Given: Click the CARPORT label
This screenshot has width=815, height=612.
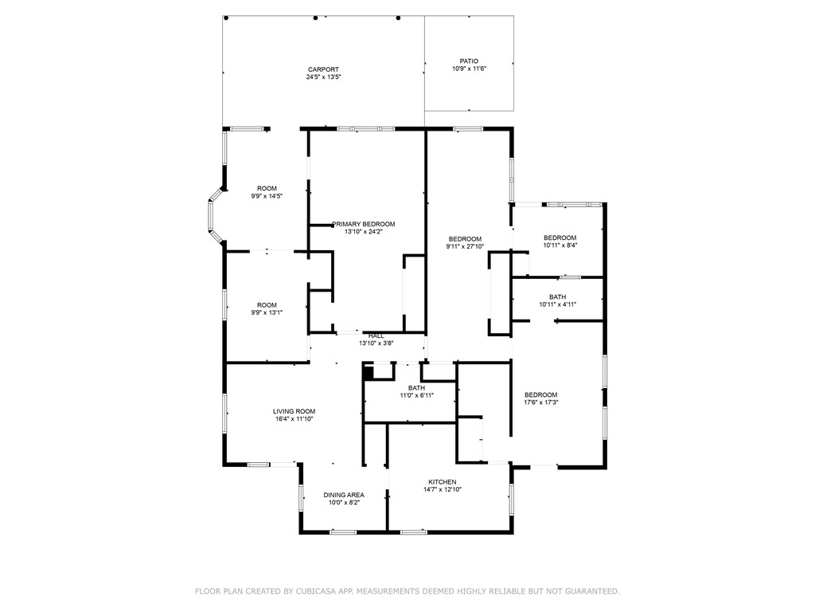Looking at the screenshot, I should (323, 69).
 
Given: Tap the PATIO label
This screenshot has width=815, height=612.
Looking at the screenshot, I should (469, 61).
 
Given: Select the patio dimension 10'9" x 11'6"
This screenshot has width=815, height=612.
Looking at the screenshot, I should (469, 69).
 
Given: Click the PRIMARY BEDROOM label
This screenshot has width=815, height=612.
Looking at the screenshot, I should (364, 224).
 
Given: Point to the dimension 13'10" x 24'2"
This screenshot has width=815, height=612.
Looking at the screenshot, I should (364, 232).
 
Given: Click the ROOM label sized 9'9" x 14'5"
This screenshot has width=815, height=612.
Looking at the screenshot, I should (267, 188).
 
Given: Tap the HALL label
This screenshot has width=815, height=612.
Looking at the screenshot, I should (376, 335).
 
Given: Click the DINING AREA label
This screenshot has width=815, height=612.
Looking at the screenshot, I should (344, 495).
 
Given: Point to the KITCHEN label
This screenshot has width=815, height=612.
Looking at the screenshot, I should (443, 482).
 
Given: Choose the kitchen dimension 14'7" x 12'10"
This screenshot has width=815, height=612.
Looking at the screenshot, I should (443, 490).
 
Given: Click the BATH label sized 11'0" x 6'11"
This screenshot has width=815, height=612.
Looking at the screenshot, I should (416, 388).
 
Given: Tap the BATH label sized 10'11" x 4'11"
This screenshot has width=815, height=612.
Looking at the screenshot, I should (557, 296).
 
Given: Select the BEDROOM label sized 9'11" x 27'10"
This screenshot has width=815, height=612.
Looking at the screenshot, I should (465, 239).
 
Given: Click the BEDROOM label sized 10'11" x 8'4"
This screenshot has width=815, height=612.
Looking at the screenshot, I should (560, 237).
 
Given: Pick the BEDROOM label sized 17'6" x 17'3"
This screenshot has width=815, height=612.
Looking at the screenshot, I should (540, 394).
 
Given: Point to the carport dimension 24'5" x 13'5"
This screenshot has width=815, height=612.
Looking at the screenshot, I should (323, 77).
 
